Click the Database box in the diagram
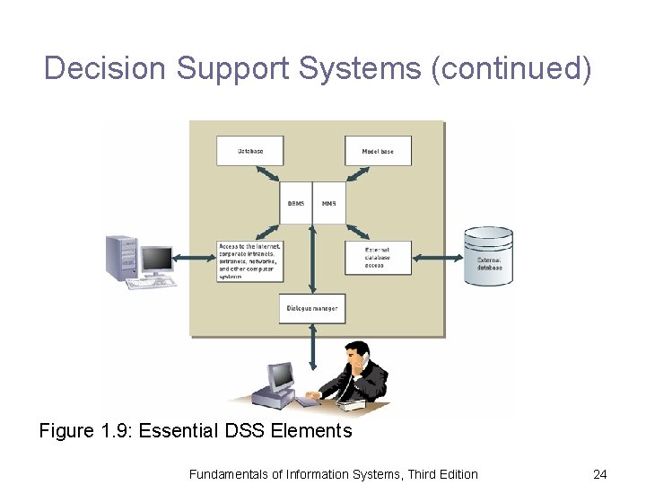(249, 151)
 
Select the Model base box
(378, 151)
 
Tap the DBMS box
(296, 203)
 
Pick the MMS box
(328, 203)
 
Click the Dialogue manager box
(311, 308)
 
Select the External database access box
(378, 258)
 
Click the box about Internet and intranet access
(249, 260)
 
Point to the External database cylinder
(488, 257)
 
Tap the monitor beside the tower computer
(156, 260)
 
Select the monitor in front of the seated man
(282, 375)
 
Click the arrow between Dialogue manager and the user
(312, 342)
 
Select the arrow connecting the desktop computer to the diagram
(196, 258)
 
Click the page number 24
(599, 473)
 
